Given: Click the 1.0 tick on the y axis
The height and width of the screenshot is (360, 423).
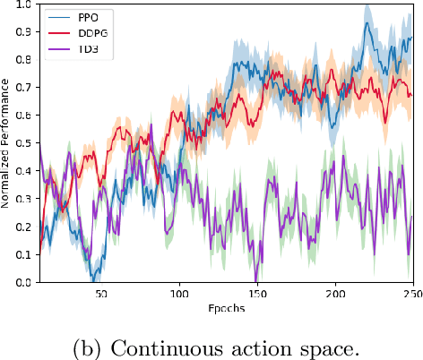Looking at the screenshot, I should tap(26, 4).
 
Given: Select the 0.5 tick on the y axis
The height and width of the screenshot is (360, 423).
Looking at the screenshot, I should tap(26, 143).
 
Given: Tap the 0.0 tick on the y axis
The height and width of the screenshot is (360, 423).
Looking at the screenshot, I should tap(26, 283).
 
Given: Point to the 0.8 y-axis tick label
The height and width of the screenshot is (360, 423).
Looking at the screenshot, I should tap(26, 60).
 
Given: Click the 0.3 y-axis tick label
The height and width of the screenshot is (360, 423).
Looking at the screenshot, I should tap(26, 199).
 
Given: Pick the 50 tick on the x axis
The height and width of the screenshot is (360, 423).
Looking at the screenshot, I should tap(100, 294).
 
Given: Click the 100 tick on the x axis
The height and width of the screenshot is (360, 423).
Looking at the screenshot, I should tap(180, 294).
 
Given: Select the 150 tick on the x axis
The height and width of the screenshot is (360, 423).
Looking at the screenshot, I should tap(257, 294).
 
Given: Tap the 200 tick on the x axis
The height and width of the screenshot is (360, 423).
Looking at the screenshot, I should tap(335, 294).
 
